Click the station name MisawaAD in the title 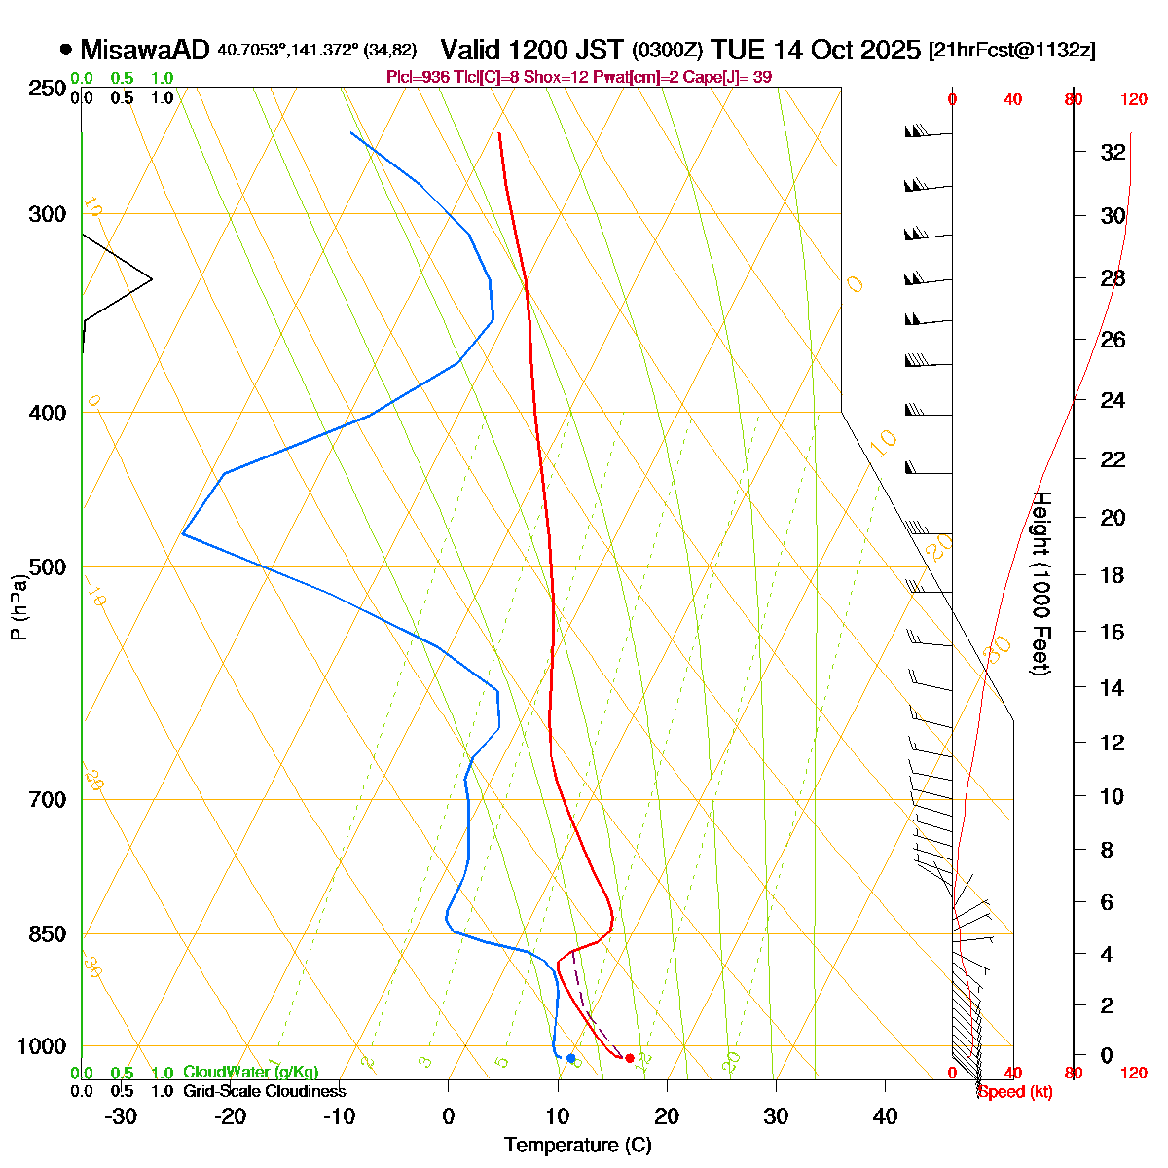click(x=145, y=50)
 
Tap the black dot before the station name click(x=66, y=49)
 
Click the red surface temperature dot click(x=630, y=1058)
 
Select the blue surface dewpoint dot click(x=570, y=1058)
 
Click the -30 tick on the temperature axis click(x=121, y=1116)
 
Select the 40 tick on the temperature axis click(x=885, y=1116)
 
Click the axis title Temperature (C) click(x=578, y=1146)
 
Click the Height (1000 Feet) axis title click(x=1040, y=583)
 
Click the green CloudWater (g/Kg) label click(x=250, y=1072)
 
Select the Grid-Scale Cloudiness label click(x=264, y=1091)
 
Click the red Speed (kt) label click(x=1015, y=1091)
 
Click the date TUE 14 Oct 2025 click(x=816, y=50)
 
